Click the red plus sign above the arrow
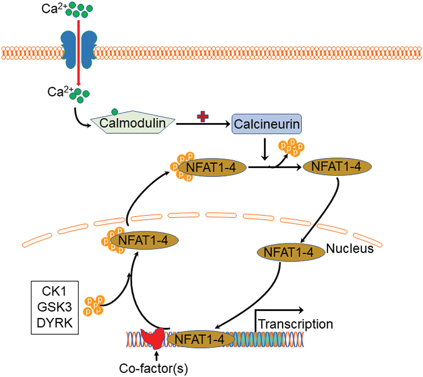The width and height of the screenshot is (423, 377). coord(203,117)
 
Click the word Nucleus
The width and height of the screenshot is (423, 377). coord(350,248)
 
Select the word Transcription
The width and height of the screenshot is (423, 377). coord(296,324)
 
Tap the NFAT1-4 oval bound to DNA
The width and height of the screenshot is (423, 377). coord(201,340)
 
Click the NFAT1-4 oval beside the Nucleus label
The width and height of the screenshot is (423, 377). coord(291,252)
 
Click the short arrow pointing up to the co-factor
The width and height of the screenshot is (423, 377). coord(156,356)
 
